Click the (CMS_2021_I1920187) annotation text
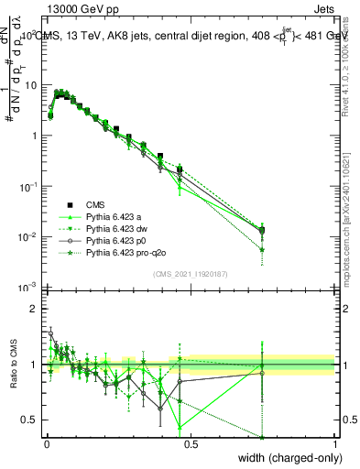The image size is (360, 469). [x=190, y=274]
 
